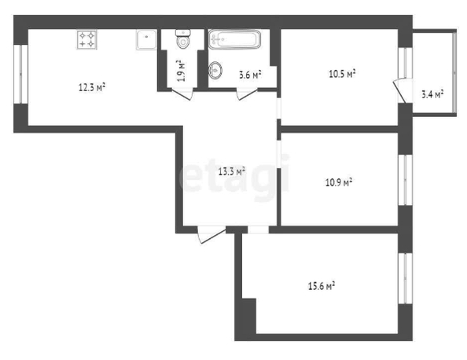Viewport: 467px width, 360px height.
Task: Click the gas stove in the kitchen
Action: [86, 39]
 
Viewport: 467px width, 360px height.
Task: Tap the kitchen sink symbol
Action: [146, 39]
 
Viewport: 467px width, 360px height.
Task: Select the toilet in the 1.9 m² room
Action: [183, 39]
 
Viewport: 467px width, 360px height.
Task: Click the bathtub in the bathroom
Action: [234, 39]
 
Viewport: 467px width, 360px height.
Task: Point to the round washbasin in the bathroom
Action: [215, 70]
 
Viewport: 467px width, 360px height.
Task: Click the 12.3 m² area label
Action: [92, 87]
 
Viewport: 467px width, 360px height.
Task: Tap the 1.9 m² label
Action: [182, 71]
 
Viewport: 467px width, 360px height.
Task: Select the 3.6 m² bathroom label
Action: [250, 75]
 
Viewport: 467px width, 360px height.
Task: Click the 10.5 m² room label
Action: [342, 74]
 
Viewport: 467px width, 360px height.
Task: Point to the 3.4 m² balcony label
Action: [432, 94]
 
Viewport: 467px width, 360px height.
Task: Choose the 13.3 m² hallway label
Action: [232, 171]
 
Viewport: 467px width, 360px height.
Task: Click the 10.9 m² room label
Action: [339, 182]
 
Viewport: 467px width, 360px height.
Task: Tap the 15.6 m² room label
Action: [322, 286]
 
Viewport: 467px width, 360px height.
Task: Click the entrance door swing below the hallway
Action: [211, 235]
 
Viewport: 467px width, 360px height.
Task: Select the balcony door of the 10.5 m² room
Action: [401, 90]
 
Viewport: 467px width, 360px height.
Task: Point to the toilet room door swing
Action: [182, 94]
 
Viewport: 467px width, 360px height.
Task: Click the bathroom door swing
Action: [247, 94]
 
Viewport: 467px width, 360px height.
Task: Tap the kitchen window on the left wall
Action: [21, 74]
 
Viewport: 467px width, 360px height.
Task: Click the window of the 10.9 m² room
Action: [406, 180]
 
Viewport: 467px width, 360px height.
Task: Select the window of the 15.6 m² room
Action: [406, 278]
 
